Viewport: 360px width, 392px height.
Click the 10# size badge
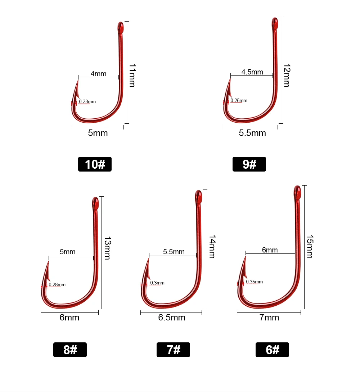coord(95,164)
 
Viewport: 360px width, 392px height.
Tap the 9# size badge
coord(249,164)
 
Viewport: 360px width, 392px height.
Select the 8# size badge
coord(70,350)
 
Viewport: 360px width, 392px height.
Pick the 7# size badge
coord(174,350)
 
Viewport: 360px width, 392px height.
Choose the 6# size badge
coord(272,350)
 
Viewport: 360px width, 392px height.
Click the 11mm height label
coord(132,75)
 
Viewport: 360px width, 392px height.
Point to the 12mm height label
coord(287,75)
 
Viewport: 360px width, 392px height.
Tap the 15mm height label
coord(310,246)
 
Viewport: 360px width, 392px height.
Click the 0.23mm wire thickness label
coord(87,101)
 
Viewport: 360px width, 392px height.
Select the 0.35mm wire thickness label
coord(255,282)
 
